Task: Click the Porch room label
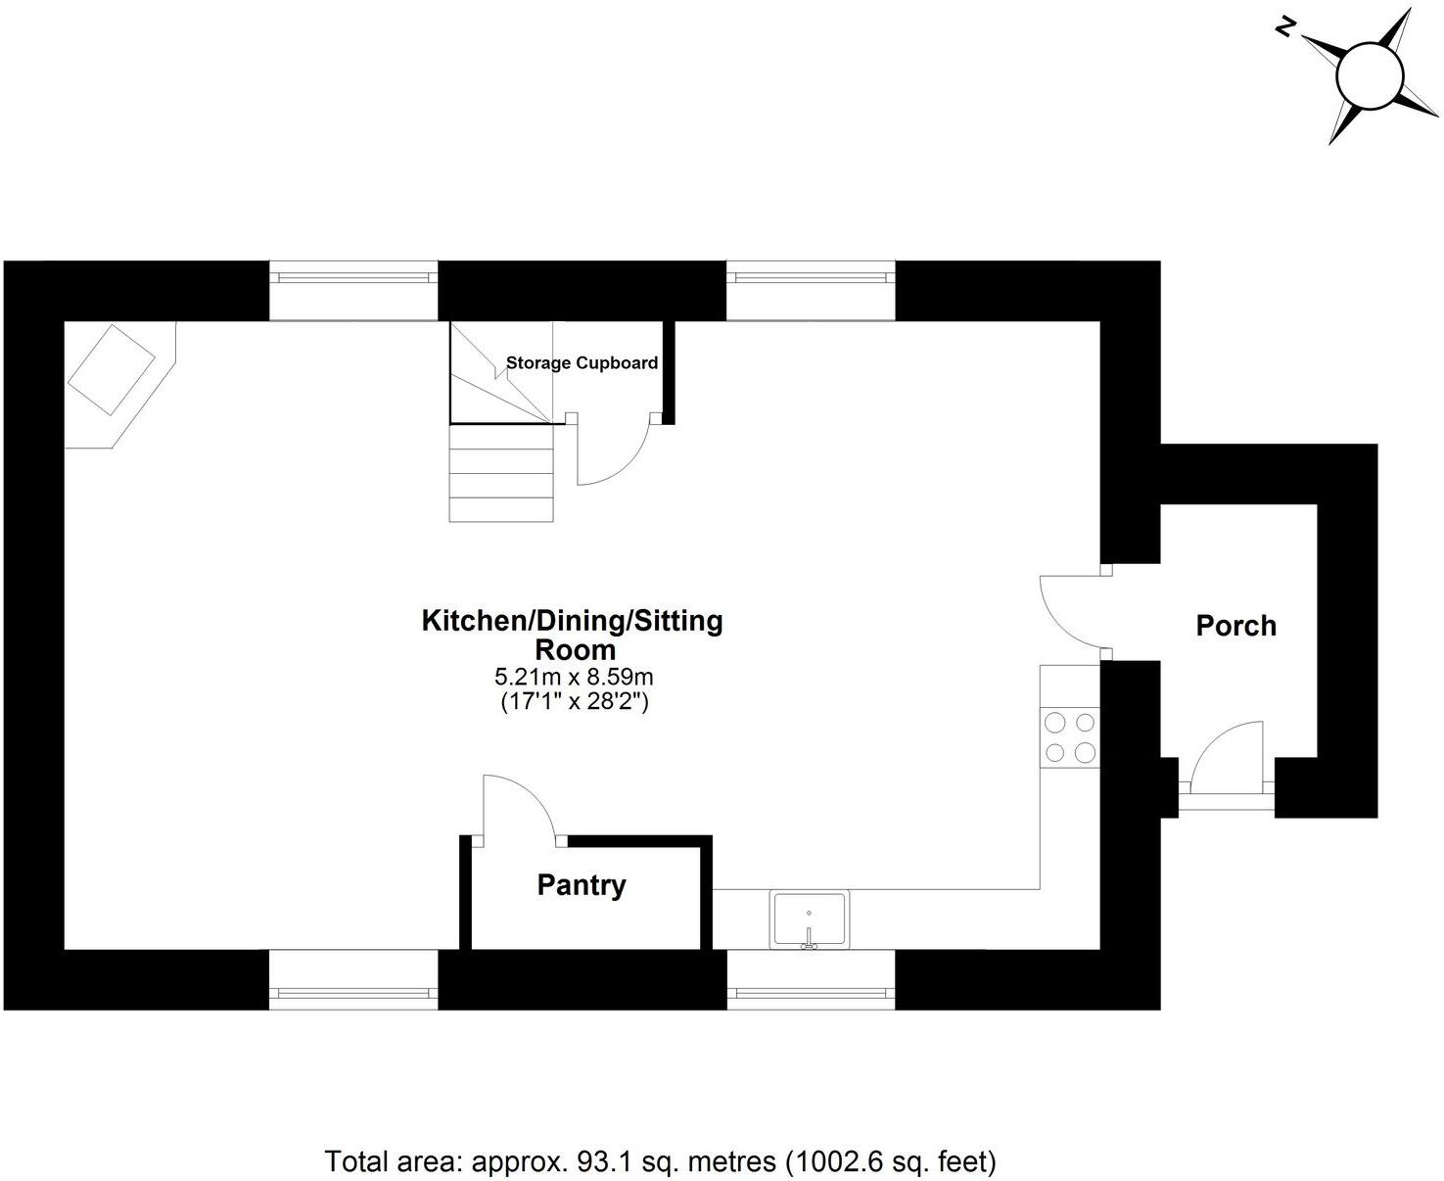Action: coord(1235,626)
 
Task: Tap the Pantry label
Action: coord(582,885)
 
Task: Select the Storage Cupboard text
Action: coord(582,363)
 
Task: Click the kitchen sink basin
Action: coord(809,919)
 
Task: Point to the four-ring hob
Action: coord(1069,737)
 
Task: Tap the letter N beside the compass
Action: coord(1286,28)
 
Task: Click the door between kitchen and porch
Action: coord(1072,611)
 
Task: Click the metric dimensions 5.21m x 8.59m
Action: coord(574,677)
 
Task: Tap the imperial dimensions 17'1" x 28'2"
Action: coord(574,701)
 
